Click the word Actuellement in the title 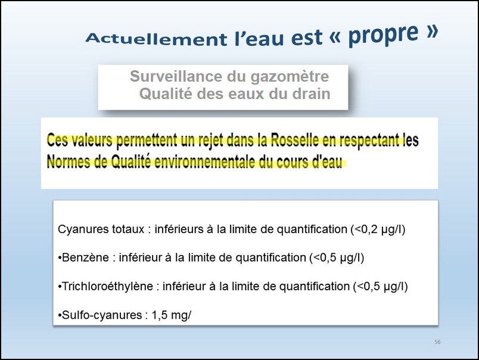156,39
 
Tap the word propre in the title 383,34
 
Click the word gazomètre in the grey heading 290,76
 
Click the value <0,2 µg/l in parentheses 378,229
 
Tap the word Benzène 85,257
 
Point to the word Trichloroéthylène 107,286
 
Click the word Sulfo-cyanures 102,315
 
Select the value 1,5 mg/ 172,315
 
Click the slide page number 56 437,342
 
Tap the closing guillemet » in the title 432,30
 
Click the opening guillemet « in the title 335,37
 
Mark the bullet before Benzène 60,258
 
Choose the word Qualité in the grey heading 166,94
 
